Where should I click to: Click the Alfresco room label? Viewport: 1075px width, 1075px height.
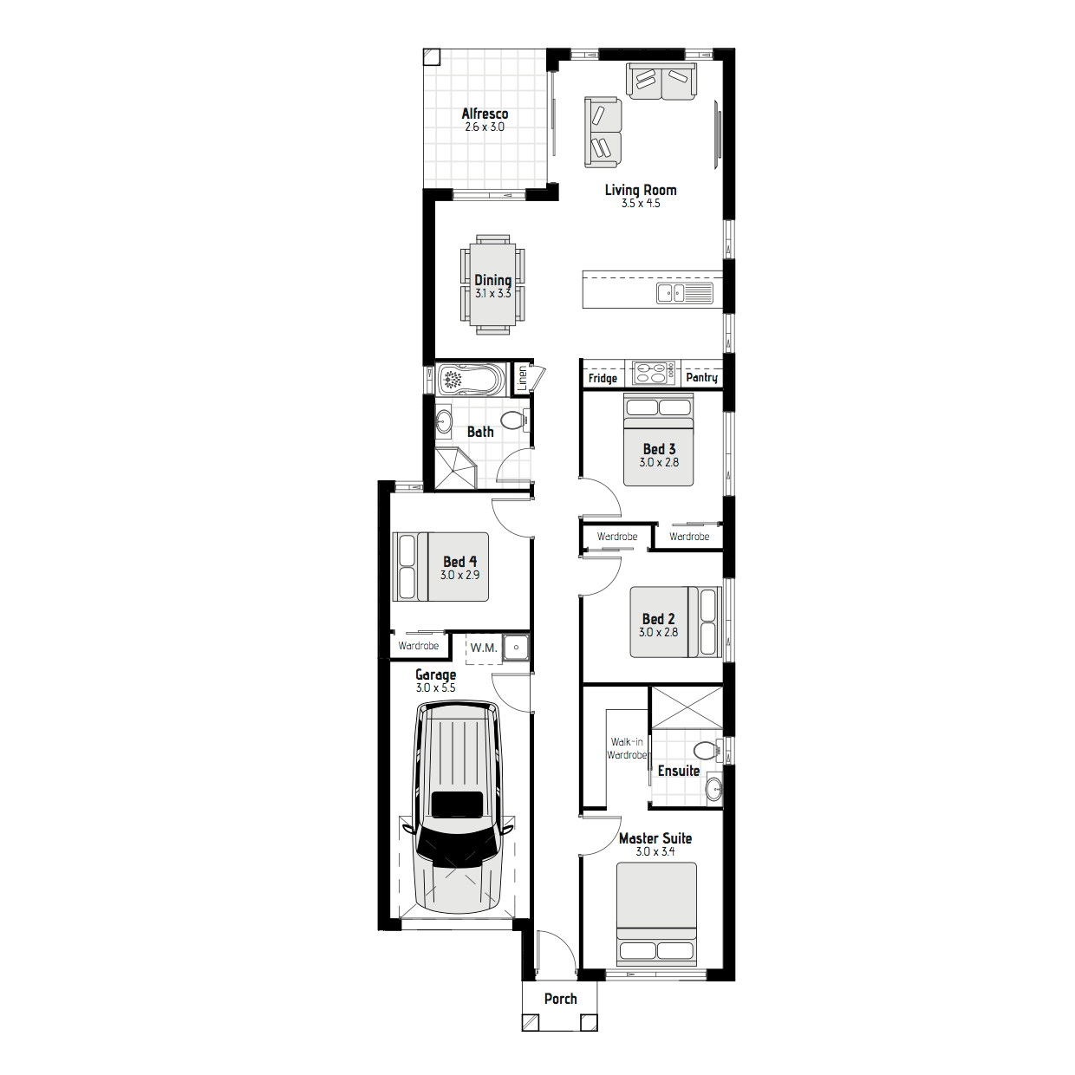[485, 114]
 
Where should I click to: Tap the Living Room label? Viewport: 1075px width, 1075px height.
[641, 190]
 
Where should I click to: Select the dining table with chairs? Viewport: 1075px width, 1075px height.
[492, 284]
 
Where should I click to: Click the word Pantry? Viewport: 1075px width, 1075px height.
[701, 377]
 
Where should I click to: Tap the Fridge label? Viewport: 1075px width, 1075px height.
[603, 378]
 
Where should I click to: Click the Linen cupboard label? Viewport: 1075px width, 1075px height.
[522, 377]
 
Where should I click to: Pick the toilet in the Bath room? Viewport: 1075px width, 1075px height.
[514, 421]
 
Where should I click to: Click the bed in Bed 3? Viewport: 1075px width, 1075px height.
[658, 440]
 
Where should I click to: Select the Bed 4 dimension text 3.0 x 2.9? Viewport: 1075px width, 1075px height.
[459, 575]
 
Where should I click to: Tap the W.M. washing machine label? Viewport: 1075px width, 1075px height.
[484, 648]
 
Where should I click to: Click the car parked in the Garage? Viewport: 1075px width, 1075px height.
[459, 806]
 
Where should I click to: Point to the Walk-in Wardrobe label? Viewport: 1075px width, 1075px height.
[627, 748]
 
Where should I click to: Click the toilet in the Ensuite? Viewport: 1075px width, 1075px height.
[707, 750]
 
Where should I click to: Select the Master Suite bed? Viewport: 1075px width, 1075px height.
[656, 914]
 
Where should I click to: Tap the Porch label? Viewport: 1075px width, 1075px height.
[560, 999]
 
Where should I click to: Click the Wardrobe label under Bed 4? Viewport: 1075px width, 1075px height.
[419, 646]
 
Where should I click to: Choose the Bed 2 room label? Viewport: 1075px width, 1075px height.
[658, 619]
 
